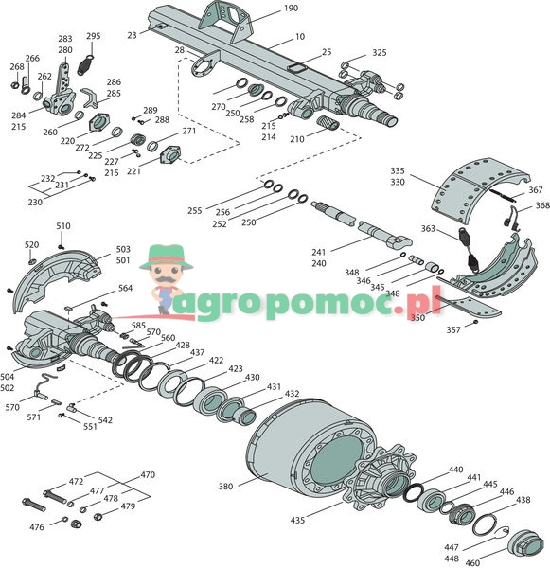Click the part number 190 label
coord(291,8)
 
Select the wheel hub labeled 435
coord(381,477)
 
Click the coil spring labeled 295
coord(86,64)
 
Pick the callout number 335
coord(398,170)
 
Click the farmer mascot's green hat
coord(167,257)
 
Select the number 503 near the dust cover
coord(123,249)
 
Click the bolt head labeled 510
coord(61,247)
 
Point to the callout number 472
coord(76,482)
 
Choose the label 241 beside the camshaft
coord(318,252)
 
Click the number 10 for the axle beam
coord(300,37)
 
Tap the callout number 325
coord(380,52)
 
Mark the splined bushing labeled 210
coord(328,123)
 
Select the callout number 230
coord(35,203)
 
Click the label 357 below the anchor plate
coord(453,330)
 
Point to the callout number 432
coord(292,394)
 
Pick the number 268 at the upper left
coord(17,66)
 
